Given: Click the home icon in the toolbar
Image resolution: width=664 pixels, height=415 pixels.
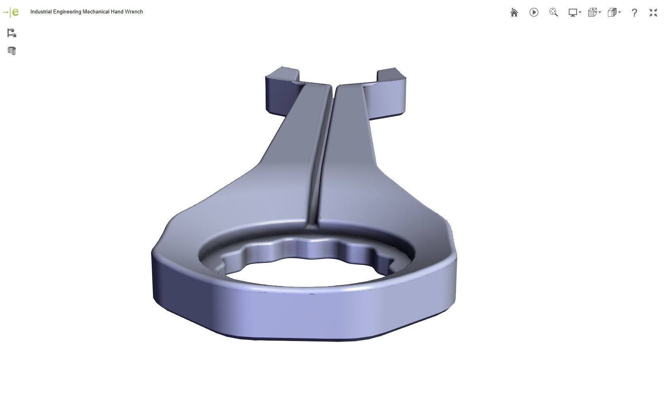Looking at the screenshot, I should pos(514,13).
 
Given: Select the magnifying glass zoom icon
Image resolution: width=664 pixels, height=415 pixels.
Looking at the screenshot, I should pos(553,13).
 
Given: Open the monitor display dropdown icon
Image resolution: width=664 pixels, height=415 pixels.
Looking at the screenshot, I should pos(574,13).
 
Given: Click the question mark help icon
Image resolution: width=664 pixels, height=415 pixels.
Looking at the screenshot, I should pos(634,13).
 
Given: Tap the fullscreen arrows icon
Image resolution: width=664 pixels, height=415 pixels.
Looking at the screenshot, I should pos(653,13).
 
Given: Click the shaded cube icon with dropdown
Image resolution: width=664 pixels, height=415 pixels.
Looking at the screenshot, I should pos(613,13).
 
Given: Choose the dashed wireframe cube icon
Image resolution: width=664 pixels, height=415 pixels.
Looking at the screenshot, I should pos(594,13).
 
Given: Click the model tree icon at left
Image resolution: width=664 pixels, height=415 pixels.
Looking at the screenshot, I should pos(11,33).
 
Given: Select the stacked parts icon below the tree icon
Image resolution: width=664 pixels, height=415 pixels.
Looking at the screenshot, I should pos(11,51).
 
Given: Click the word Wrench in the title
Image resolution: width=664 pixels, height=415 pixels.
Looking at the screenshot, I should pos(134,12).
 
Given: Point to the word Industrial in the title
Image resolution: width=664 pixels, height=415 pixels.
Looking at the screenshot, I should pos(41,12).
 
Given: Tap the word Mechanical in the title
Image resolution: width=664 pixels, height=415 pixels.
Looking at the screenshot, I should pos(96,12).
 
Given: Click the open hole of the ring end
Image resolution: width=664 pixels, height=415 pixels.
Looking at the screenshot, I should pos(304,273).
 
